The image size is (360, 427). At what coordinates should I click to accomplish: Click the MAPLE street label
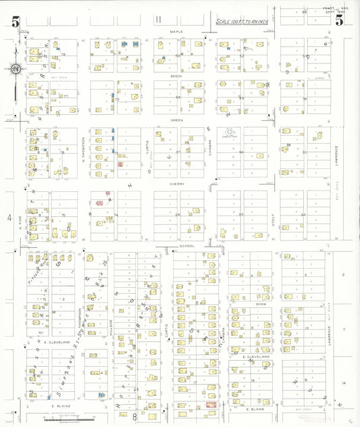coord(177,32)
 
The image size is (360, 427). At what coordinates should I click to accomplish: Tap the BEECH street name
coord(177,76)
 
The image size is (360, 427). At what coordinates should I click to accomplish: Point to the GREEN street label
coord(177,120)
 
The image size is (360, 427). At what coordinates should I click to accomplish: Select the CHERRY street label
coord(177,183)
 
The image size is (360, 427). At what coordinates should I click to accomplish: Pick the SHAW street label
coord(253,304)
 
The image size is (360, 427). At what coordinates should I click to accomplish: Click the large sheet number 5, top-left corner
coord(15,21)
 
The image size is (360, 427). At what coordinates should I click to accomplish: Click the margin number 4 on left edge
coord(10,218)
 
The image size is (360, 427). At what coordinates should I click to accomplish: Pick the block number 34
coord(304,216)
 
